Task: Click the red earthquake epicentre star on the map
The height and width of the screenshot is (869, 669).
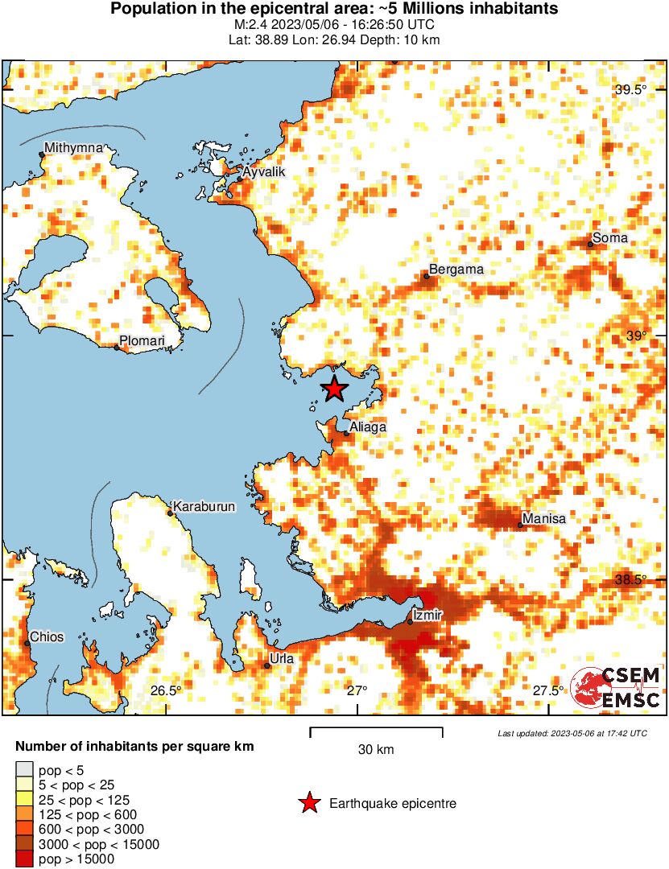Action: point(334,389)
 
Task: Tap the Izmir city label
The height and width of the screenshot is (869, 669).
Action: point(427,616)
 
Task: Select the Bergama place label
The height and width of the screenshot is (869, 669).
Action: point(456,270)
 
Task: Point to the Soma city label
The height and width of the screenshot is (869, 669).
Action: point(609,238)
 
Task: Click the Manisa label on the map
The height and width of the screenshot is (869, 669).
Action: point(543,519)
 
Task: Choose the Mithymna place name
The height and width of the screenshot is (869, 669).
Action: point(73,148)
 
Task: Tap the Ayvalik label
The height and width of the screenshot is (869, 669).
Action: point(263,172)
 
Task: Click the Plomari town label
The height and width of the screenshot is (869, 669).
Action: point(142,341)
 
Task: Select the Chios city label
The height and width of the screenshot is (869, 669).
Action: point(46,637)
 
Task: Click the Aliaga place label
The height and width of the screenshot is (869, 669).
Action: point(368,427)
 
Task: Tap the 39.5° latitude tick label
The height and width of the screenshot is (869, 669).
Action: point(630,90)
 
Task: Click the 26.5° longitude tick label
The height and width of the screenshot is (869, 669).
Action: point(166,690)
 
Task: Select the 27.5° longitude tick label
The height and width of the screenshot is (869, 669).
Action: point(549,690)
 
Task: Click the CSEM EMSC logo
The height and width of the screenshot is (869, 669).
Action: point(616,688)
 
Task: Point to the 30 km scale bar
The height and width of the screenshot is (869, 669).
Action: point(376,731)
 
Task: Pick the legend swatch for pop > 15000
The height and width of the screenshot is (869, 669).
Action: point(24,859)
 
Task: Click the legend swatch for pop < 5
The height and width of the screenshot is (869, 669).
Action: point(24,770)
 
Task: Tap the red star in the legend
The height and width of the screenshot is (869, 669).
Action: point(308,803)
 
